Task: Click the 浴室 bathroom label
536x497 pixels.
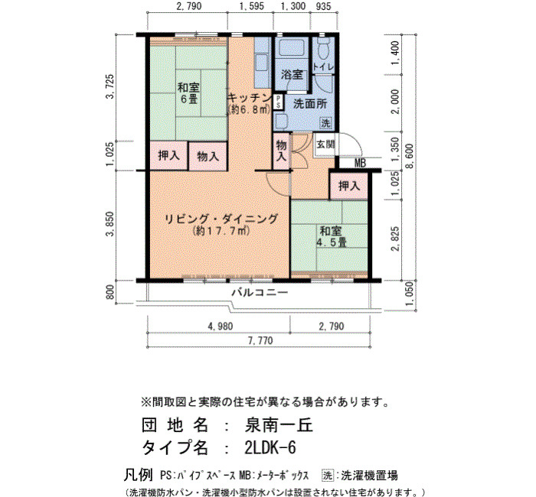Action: [x=292, y=75]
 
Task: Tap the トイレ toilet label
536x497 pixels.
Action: [x=323, y=67]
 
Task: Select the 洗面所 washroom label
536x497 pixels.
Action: [x=310, y=104]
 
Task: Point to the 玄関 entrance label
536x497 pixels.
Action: [x=325, y=145]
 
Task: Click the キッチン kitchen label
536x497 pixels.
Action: [x=250, y=98]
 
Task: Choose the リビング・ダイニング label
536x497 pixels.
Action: [x=221, y=219]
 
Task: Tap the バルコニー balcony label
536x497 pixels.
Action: [x=260, y=293]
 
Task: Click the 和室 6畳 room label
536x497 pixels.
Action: [x=188, y=93]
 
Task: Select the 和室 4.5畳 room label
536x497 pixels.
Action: [x=331, y=236]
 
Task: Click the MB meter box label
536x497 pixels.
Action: [x=360, y=164]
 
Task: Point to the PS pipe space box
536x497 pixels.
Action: [x=279, y=102]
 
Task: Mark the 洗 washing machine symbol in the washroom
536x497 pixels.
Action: [x=325, y=123]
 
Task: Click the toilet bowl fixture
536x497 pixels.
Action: [x=323, y=49]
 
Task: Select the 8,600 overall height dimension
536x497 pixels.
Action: [x=410, y=156]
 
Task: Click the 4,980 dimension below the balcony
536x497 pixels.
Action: [x=221, y=326]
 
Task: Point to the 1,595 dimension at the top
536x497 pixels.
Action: [x=252, y=6]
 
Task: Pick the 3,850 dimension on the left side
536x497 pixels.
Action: [x=109, y=224]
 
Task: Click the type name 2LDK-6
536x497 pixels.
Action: [x=270, y=448]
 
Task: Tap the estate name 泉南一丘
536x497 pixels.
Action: [x=279, y=425]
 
